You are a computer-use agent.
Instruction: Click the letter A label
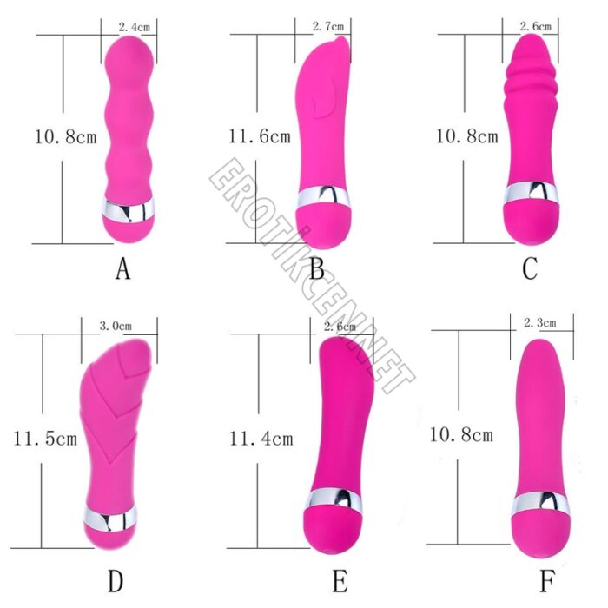click(x=123, y=268)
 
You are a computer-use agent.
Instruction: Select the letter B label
click(x=317, y=268)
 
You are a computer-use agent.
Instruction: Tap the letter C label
click(x=530, y=268)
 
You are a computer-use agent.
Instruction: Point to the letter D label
click(x=116, y=581)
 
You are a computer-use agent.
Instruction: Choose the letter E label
click(x=340, y=581)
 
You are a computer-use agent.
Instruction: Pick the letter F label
click(x=547, y=581)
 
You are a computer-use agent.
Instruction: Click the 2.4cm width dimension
click(x=134, y=27)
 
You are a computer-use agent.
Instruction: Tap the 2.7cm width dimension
click(x=328, y=26)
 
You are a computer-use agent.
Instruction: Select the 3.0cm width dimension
click(x=116, y=326)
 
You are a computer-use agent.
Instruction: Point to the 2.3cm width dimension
click(x=539, y=322)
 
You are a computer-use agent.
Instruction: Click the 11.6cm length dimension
click(x=260, y=136)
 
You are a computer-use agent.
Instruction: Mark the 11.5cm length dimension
click(x=45, y=439)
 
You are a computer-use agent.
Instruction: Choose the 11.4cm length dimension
click(x=261, y=439)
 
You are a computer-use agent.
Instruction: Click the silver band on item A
click(x=128, y=210)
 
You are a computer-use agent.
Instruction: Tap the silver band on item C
click(x=532, y=193)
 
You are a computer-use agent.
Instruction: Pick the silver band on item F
click(x=541, y=504)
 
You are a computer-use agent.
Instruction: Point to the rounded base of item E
click(x=333, y=529)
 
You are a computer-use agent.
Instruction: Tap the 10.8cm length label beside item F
click(x=461, y=434)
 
